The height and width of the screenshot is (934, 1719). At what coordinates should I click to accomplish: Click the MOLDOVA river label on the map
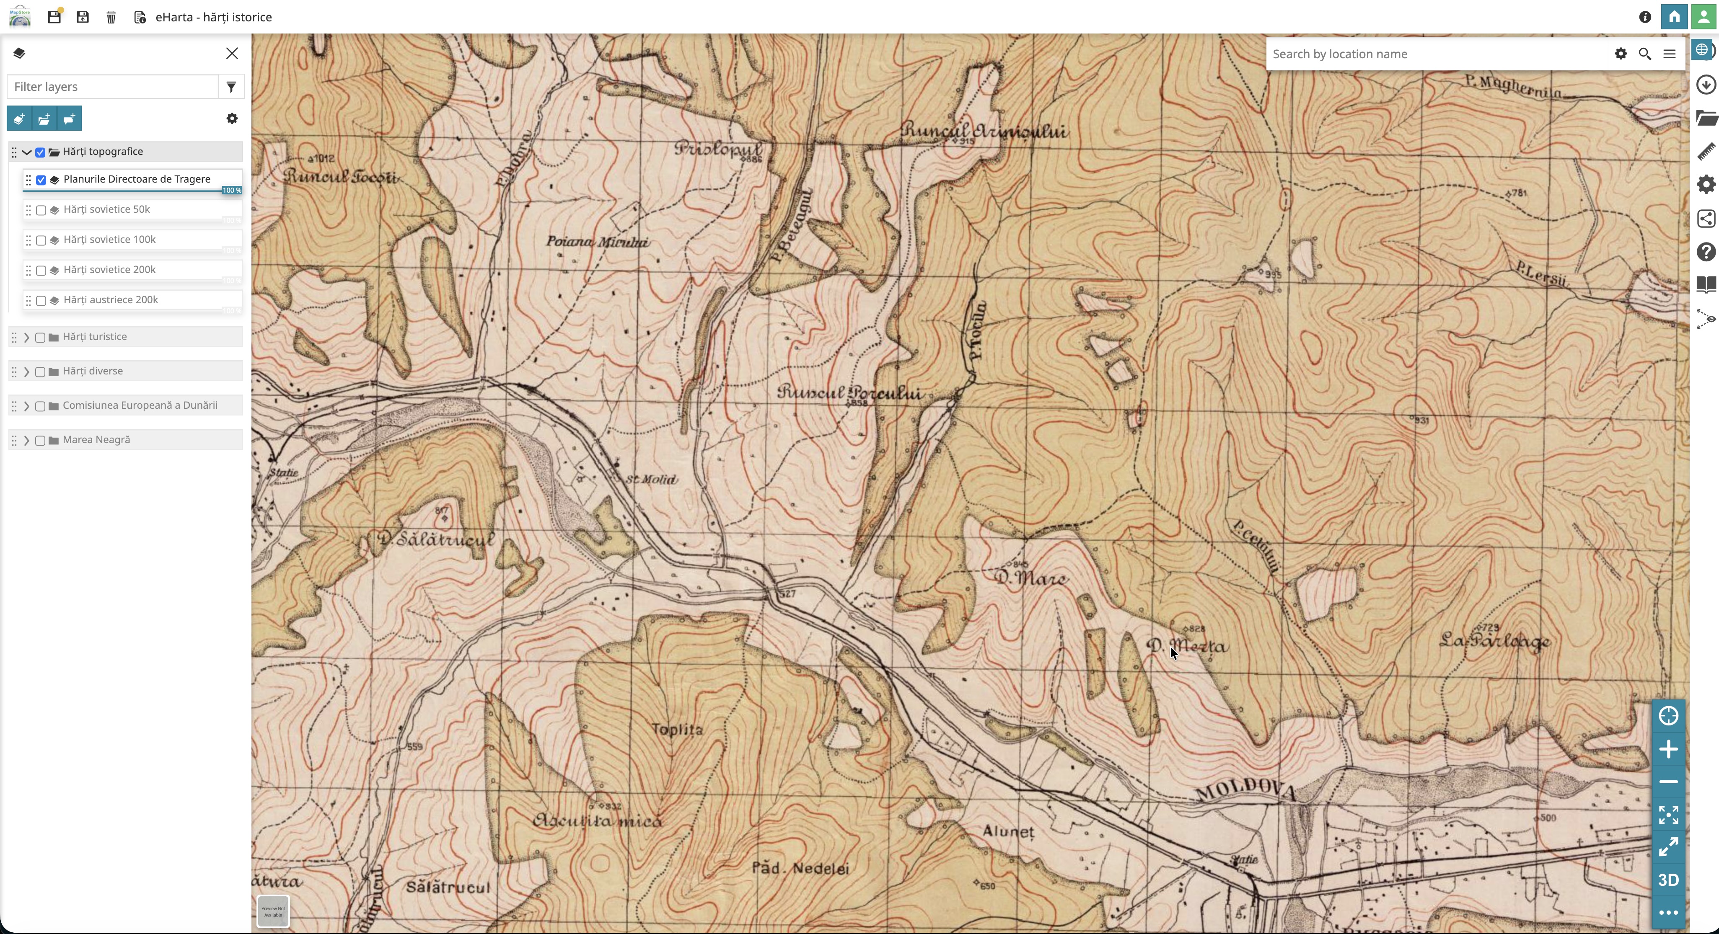1245,791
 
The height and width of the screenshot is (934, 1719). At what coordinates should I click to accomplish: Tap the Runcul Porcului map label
849,393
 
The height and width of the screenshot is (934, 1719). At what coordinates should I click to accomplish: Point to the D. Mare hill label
1030,578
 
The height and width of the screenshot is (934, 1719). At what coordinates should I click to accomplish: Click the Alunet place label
1008,832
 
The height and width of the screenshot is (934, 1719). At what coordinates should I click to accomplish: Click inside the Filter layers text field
112,87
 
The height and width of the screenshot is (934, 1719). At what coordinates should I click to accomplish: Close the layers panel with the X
232,53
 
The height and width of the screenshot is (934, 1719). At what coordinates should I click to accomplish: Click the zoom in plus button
1667,749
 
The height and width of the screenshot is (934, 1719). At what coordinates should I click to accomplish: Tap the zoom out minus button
1667,782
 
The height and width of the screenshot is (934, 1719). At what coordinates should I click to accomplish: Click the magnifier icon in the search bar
1644,54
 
